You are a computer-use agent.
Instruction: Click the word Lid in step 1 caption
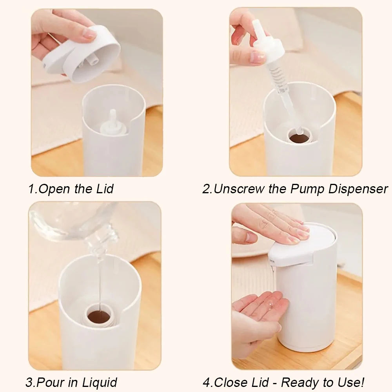click(105, 189)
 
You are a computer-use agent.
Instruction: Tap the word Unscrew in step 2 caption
click(239, 189)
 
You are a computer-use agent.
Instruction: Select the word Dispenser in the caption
click(358, 189)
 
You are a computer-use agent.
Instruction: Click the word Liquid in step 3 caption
click(100, 383)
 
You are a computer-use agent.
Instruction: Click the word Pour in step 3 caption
click(51, 383)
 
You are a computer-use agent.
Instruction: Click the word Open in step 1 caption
click(54, 189)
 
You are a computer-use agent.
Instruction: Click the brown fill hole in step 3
click(100, 317)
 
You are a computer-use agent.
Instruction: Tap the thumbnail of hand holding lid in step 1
click(89, 34)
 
